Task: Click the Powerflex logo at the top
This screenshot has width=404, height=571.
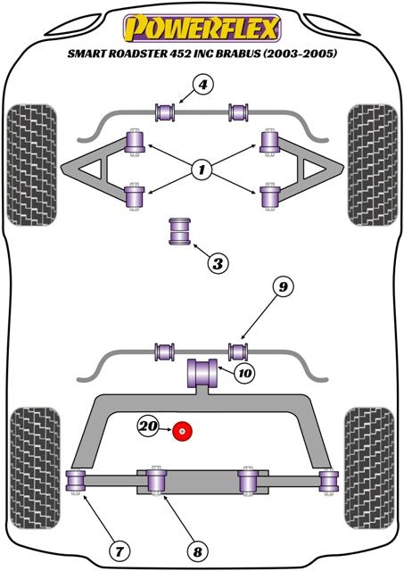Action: tap(202, 27)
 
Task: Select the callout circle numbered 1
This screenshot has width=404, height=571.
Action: tap(202, 168)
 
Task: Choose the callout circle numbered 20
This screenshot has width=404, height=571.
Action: tap(149, 427)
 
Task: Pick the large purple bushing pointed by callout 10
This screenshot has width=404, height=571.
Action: tap(202, 372)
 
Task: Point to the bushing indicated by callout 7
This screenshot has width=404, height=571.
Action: tap(76, 483)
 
